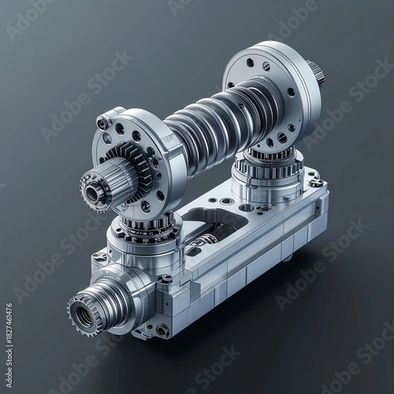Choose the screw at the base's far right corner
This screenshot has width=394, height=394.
(316, 183)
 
